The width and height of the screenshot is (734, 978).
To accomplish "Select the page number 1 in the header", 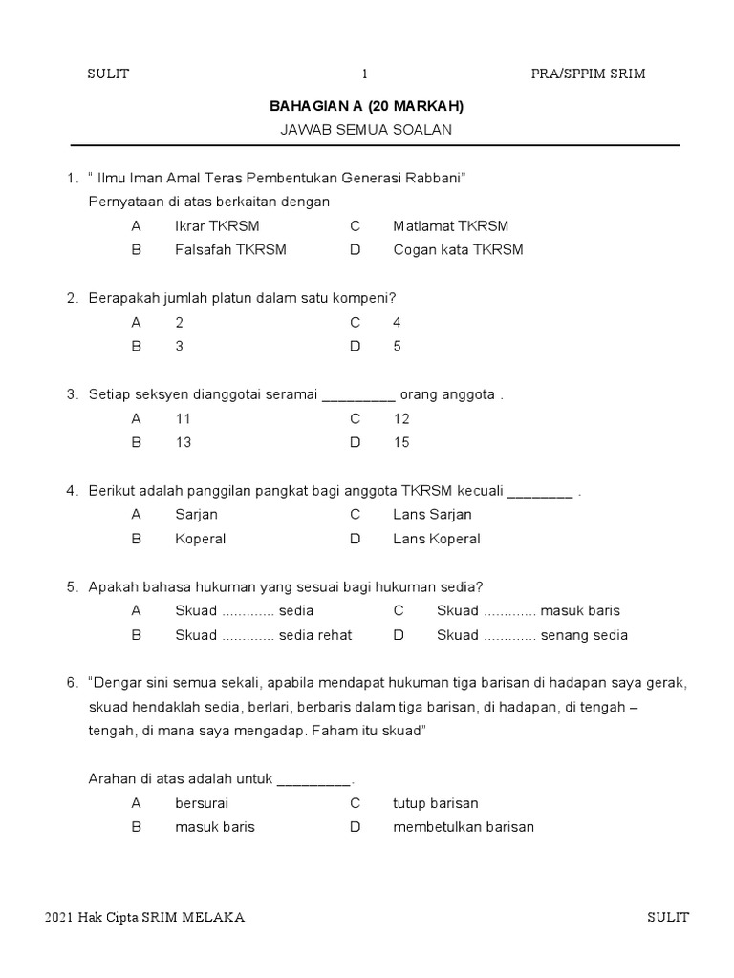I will pos(364,74).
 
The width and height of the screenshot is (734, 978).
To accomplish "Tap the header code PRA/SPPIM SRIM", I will pos(588,74).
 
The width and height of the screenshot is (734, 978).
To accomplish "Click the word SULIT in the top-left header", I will pos(108,74).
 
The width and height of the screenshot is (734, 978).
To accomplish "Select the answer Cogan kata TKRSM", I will pos(458,250).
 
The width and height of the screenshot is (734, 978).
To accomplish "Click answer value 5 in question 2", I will pos(397,347).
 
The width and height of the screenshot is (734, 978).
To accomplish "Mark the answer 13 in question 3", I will pos(183,442).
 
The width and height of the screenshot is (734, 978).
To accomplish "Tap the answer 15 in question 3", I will pos(401,442).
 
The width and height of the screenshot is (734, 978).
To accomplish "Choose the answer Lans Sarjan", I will pos(431,515).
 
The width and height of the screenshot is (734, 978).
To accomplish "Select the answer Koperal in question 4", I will pos(201,539).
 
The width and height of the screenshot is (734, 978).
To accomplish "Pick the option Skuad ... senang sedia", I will pos(532,635).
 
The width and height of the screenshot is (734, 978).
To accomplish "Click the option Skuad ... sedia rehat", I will pos(264,635).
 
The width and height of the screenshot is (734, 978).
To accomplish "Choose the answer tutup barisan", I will pos(435,803).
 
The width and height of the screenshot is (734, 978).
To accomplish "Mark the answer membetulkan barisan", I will pos(464,827).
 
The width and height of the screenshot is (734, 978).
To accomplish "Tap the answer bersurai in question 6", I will pos(202,803).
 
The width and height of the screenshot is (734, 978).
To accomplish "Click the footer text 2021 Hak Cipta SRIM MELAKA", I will pos(145,918).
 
